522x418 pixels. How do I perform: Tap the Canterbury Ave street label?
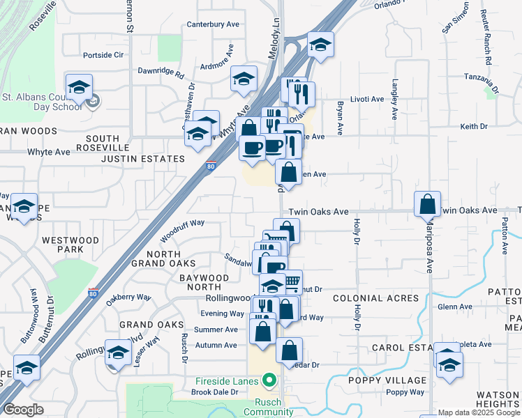click(214, 24)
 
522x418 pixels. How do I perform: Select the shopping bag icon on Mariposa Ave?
click(427, 205)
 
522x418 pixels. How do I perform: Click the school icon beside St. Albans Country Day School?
click(80, 87)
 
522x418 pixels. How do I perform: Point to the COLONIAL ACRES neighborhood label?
click(376, 298)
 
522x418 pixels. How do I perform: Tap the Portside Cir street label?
click(103, 54)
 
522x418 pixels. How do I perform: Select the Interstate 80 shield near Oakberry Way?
click(93, 293)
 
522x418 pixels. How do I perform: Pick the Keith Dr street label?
click(474, 126)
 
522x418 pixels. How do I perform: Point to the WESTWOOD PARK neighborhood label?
click(70, 245)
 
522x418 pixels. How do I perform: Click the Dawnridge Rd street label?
click(161, 72)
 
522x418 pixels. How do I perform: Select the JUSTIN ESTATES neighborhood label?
click(142, 159)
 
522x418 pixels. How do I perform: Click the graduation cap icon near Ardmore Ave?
click(243, 79)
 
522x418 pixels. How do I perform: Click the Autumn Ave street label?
click(216, 346)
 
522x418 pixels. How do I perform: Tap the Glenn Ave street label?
click(455, 307)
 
